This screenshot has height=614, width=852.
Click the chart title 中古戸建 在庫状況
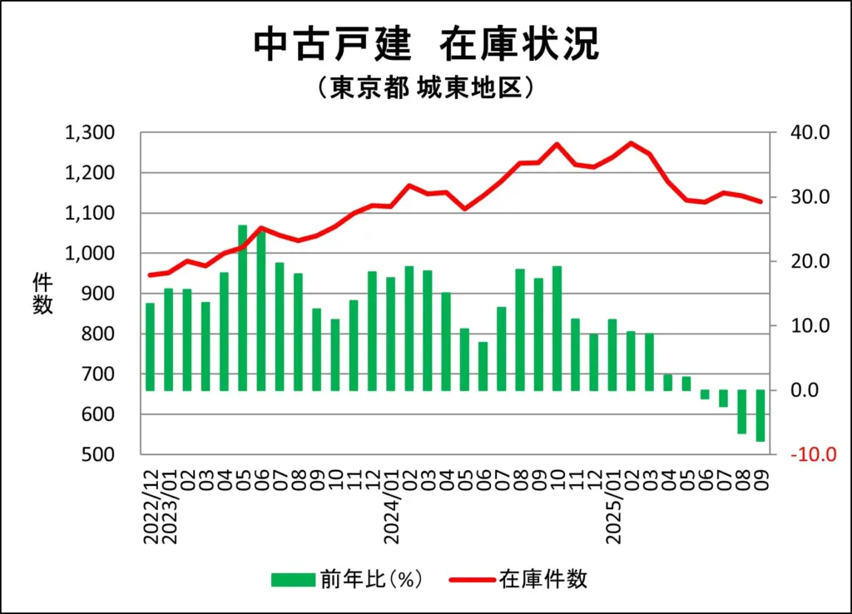pos(425,45)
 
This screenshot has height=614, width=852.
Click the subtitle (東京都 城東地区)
pos(425,89)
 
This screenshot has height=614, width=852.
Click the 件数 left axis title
pos(42,294)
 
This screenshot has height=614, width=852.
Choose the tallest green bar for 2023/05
pos(243,308)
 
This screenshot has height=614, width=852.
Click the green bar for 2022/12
pos(151,347)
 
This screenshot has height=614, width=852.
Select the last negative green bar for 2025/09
pos(760,415)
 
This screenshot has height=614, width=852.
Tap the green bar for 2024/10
pos(557,329)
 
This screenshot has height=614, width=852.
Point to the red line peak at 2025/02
pos(632,143)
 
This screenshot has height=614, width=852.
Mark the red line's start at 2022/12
pos(151,275)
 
